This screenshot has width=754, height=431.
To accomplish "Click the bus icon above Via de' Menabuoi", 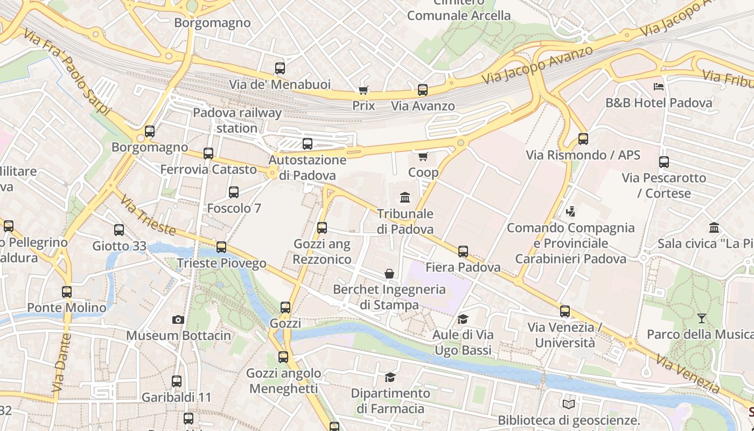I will [280, 68].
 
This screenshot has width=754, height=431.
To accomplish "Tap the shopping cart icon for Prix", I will [364, 90].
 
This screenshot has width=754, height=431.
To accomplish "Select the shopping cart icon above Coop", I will [423, 157].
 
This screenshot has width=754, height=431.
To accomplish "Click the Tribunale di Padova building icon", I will [405, 197].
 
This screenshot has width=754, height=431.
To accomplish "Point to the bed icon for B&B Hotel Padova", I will [658, 86].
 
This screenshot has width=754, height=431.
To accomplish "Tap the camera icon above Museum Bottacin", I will [178, 319].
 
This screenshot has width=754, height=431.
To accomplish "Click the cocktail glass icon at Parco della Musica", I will [701, 318].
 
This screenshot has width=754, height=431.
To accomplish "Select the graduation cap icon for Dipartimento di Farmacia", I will [390, 377].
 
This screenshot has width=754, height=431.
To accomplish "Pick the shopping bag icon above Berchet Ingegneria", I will [389, 274].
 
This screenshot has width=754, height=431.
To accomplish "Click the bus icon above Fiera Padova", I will [463, 251].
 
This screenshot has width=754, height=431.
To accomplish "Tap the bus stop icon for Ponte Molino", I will [67, 292].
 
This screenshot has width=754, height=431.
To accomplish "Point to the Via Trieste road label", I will [148, 215].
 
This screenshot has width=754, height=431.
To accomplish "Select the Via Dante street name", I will [62, 362].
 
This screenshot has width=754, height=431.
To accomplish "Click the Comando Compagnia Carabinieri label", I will [571, 243].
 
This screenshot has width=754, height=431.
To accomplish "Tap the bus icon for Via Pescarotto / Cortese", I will [664, 162].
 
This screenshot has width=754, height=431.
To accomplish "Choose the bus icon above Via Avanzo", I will [423, 90].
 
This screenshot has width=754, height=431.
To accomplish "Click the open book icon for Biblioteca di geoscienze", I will [568, 404].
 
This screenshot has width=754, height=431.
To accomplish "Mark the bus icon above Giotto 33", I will [119, 230].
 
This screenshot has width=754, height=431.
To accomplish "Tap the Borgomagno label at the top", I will [212, 23].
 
